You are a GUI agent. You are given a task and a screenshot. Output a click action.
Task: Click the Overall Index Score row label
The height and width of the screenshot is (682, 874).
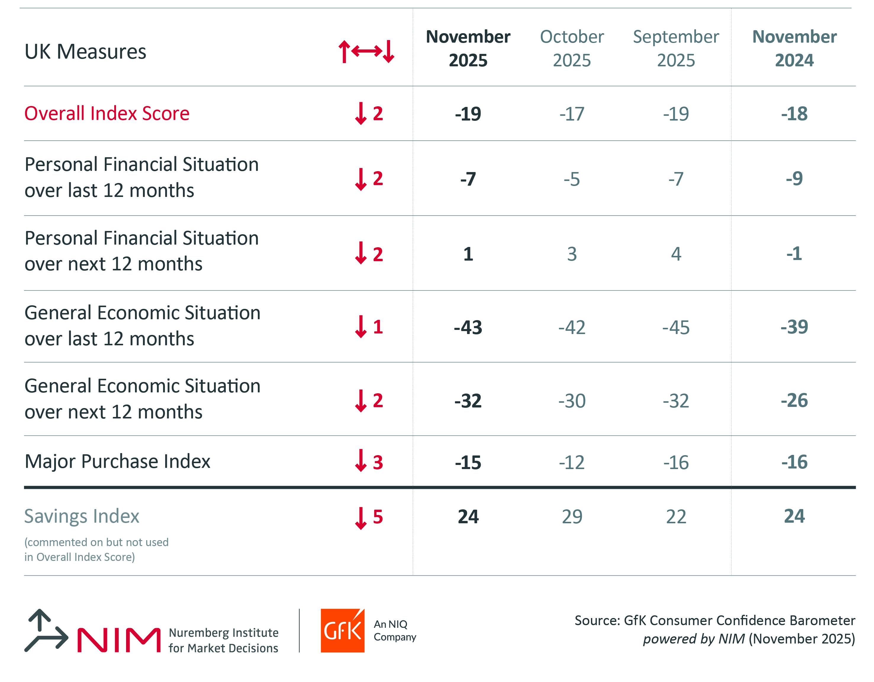(107, 113)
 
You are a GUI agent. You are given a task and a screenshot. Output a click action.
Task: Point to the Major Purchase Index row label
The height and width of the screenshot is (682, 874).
(117, 461)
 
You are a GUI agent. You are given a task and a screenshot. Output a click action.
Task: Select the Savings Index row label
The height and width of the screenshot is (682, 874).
(82, 516)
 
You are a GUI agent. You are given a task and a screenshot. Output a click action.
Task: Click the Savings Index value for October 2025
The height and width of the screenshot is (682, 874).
(572, 516)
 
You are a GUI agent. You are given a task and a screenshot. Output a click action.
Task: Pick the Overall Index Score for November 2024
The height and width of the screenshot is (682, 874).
(794, 114)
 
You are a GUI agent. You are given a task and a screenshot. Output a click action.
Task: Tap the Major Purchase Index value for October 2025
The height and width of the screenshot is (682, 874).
(572, 463)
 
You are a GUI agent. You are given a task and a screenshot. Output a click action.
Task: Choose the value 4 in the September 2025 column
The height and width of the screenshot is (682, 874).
(676, 254)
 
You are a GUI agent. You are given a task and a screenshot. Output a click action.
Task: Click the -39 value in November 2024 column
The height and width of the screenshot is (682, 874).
(794, 327)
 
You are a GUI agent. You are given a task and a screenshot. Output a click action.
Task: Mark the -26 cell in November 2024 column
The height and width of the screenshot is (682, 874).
(794, 400)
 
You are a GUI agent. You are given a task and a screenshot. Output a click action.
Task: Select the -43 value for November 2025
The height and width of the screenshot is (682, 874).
(468, 328)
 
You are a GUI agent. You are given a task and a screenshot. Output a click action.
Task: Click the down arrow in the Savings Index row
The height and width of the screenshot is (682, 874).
(360, 518)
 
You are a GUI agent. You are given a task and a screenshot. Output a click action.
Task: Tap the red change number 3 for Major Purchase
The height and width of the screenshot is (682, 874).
(378, 463)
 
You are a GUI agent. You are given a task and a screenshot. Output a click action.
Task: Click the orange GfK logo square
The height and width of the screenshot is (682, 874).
(342, 631)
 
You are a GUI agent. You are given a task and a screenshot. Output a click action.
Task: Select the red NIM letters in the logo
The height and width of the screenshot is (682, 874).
(119, 640)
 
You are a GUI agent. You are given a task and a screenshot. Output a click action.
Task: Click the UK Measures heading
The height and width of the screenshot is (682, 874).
(85, 52)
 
